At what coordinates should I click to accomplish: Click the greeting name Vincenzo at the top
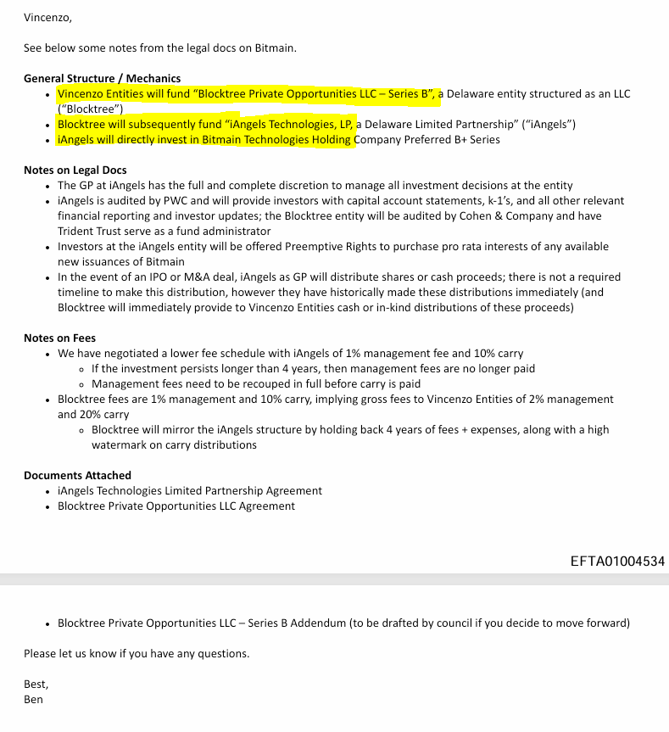[x=47, y=16]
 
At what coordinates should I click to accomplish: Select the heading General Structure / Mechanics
[x=102, y=78]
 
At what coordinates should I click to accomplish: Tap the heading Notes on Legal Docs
[x=75, y=170]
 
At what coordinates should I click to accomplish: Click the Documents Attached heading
[x=77, y=475]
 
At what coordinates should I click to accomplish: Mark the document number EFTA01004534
[x=617, y=561]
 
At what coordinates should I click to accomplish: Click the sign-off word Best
[x=36, y=685]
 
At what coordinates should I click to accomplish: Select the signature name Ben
[x=33, y=700]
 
